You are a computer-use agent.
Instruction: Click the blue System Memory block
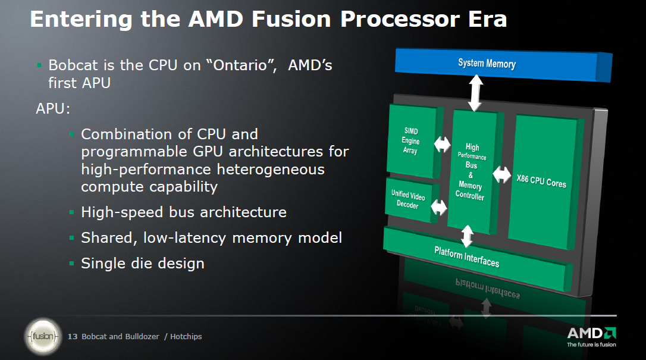coord(503,65)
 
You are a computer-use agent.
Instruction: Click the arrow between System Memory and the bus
coord(476,93)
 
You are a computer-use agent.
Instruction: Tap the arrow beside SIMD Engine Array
coord(442,144)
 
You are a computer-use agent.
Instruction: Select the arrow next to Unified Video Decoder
coord(439,207)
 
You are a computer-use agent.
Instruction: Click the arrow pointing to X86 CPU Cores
coord(502,174)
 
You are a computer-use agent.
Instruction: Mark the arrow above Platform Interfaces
coord(467,236)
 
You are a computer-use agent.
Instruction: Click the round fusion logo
coord(43,337)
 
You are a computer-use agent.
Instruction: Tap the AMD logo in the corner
coord(592,337)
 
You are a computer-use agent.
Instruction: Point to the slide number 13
coord(73,337)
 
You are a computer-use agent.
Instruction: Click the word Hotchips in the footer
coord(186,337)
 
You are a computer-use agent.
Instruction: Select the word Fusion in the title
coord(291,19)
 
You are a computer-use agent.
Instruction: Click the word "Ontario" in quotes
coord(244,65)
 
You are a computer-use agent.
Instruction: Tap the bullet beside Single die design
coord(72,263)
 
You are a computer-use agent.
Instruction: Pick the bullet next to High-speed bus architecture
coord(72,212)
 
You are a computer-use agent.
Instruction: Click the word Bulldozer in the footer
coord(142,337)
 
